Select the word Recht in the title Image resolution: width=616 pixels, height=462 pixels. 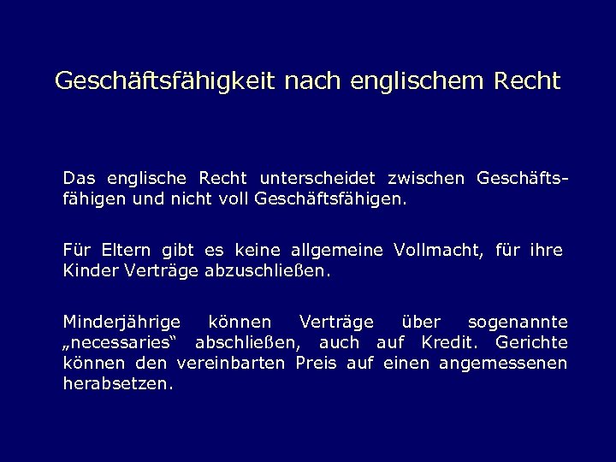click(x=527, y=81)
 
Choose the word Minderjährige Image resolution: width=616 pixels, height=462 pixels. click(x=121, y=323)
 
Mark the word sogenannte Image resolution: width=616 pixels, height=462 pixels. click(x=517, y=323)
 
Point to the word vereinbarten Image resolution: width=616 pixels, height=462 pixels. click(x=233, y=363)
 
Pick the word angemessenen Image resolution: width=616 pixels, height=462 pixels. click(x=503, y=363)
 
